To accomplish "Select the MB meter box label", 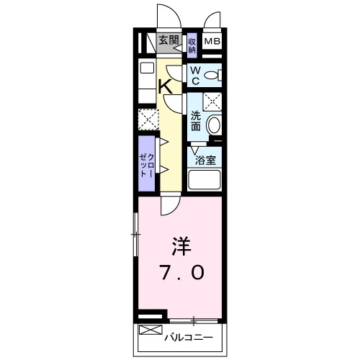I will coord(212,42).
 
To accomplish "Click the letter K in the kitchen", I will coord(164,86).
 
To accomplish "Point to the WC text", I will coord(194,74).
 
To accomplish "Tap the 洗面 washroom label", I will coord(195,119).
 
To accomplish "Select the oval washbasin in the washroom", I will coord(214,125).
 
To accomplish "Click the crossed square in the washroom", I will coord(212,101).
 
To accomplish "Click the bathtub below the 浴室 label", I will coord(204,180).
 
